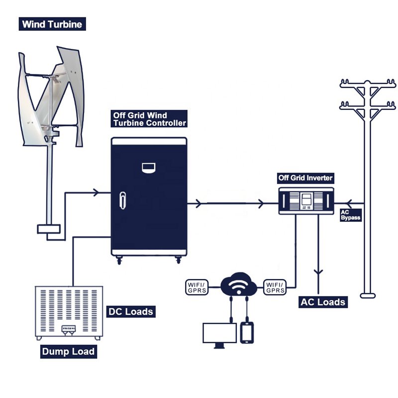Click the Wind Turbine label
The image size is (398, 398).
[51, 24]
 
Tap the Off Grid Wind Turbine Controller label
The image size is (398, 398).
[149, 119]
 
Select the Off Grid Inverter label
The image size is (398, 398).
[305, 178]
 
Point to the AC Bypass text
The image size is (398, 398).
[350, 215]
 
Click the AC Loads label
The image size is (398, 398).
[322, 301]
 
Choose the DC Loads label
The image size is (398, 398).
[130, 311]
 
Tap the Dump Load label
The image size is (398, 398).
[68, 351]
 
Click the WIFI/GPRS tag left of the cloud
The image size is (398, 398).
[198, 287]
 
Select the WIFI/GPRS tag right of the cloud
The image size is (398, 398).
[275, 287]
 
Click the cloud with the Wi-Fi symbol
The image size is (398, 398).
[237, 285]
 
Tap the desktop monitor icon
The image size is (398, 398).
[219, 334]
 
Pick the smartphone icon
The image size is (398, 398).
[247, 332]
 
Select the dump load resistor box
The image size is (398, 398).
[69, 312]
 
